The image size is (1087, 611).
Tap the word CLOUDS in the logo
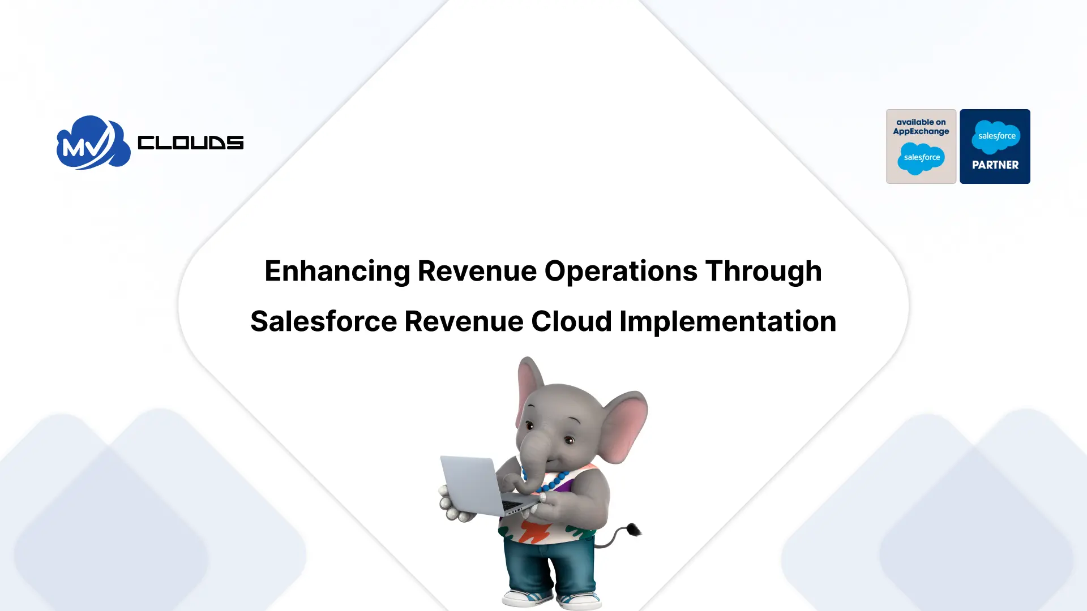[190, 143]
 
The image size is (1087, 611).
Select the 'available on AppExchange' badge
[921, 146]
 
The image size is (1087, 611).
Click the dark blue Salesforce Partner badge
[995, 146]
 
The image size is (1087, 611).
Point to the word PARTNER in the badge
[995, 165]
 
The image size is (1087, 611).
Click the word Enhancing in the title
[337, 271]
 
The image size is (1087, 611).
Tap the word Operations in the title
[620, 271]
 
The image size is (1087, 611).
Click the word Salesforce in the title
[323, 321]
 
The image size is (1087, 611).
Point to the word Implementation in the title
[727, 321]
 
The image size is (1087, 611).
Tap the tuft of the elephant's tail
[633, 530]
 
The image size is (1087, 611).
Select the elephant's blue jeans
[549, 569]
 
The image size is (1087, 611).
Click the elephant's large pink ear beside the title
[626, 421]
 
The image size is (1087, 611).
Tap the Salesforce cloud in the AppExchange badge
[921, 158]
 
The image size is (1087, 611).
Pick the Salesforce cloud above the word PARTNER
[996, 136]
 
